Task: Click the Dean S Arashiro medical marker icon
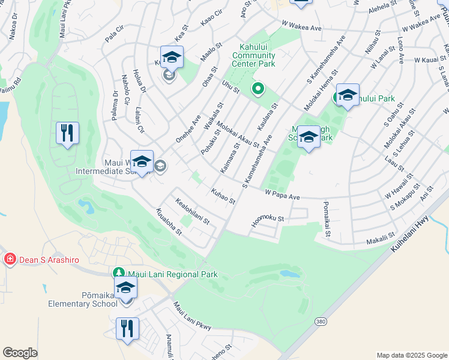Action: click(10, 259)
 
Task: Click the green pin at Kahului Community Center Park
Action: click(258, 89)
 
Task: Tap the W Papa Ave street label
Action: click(282, 196)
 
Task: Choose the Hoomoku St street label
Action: click(267, 221)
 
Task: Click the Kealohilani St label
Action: click(192, 212)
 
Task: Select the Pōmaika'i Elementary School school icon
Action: click(126, 287)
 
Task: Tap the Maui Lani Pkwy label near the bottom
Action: click(192, 317)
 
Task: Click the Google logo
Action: click(20, 352)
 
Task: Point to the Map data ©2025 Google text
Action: click(412, 355)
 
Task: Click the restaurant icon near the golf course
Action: click(67, 133)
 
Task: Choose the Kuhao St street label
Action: click(222, 196)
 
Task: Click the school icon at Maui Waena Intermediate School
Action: click(142, 162)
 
